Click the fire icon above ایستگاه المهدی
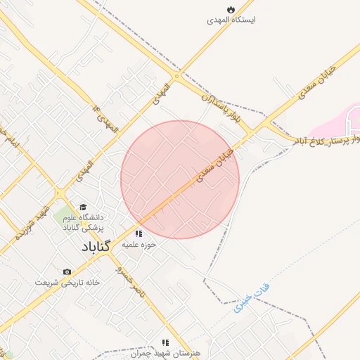point(231,9)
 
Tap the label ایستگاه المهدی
point(231,20)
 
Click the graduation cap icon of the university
point(83,207)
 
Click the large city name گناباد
point(95,249)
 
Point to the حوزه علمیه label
point(139,245)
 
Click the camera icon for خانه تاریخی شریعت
point(67,271)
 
